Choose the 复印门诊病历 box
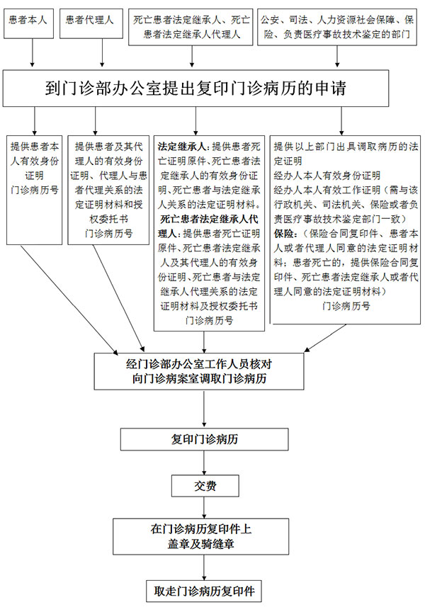[205, 439]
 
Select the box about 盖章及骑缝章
[205, 536]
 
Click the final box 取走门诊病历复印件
[205, 590]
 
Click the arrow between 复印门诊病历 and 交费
[205, 462]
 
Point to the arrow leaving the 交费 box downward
[205, 507]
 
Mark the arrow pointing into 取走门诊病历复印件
[205, 567]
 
